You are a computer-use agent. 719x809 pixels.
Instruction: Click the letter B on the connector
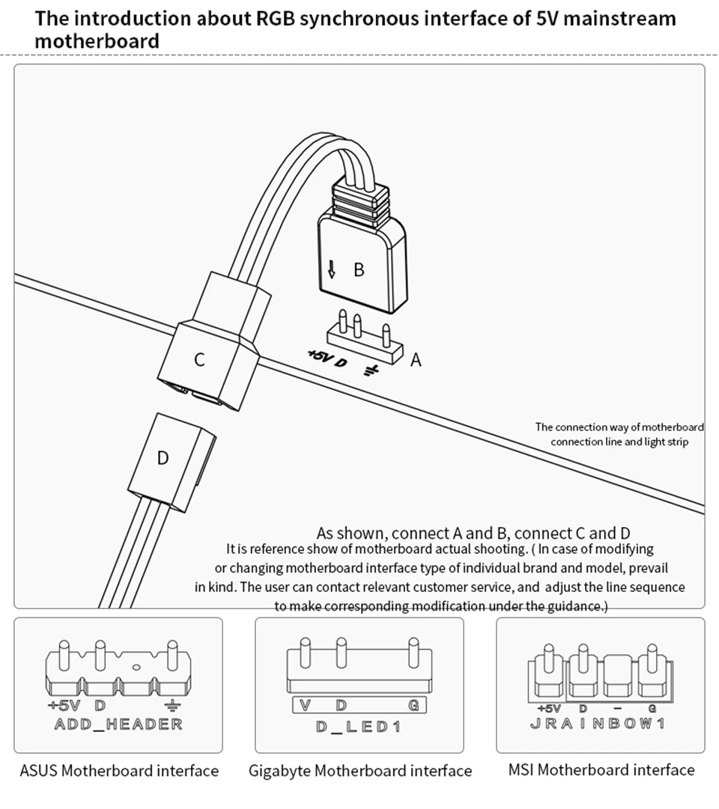359,269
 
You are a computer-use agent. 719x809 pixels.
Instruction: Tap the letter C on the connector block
199,360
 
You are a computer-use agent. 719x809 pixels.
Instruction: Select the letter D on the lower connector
163,457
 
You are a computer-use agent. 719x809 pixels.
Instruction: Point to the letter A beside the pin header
416,360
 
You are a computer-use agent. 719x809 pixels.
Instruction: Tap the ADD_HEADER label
118,724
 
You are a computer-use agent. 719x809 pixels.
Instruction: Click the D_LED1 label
359,727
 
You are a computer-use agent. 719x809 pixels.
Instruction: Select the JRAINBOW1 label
597,724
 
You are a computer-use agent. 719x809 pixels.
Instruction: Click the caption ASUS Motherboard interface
119,770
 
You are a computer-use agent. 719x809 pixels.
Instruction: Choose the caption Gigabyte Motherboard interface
360,770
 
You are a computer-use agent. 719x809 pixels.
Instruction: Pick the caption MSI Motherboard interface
601,769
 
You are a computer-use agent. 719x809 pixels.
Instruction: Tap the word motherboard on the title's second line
97,40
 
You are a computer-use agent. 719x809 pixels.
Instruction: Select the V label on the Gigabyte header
305,705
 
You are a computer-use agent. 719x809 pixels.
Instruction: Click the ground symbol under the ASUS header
173,705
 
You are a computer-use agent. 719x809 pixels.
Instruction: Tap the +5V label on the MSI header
549,708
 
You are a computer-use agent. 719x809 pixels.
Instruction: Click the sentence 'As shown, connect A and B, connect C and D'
473,534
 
